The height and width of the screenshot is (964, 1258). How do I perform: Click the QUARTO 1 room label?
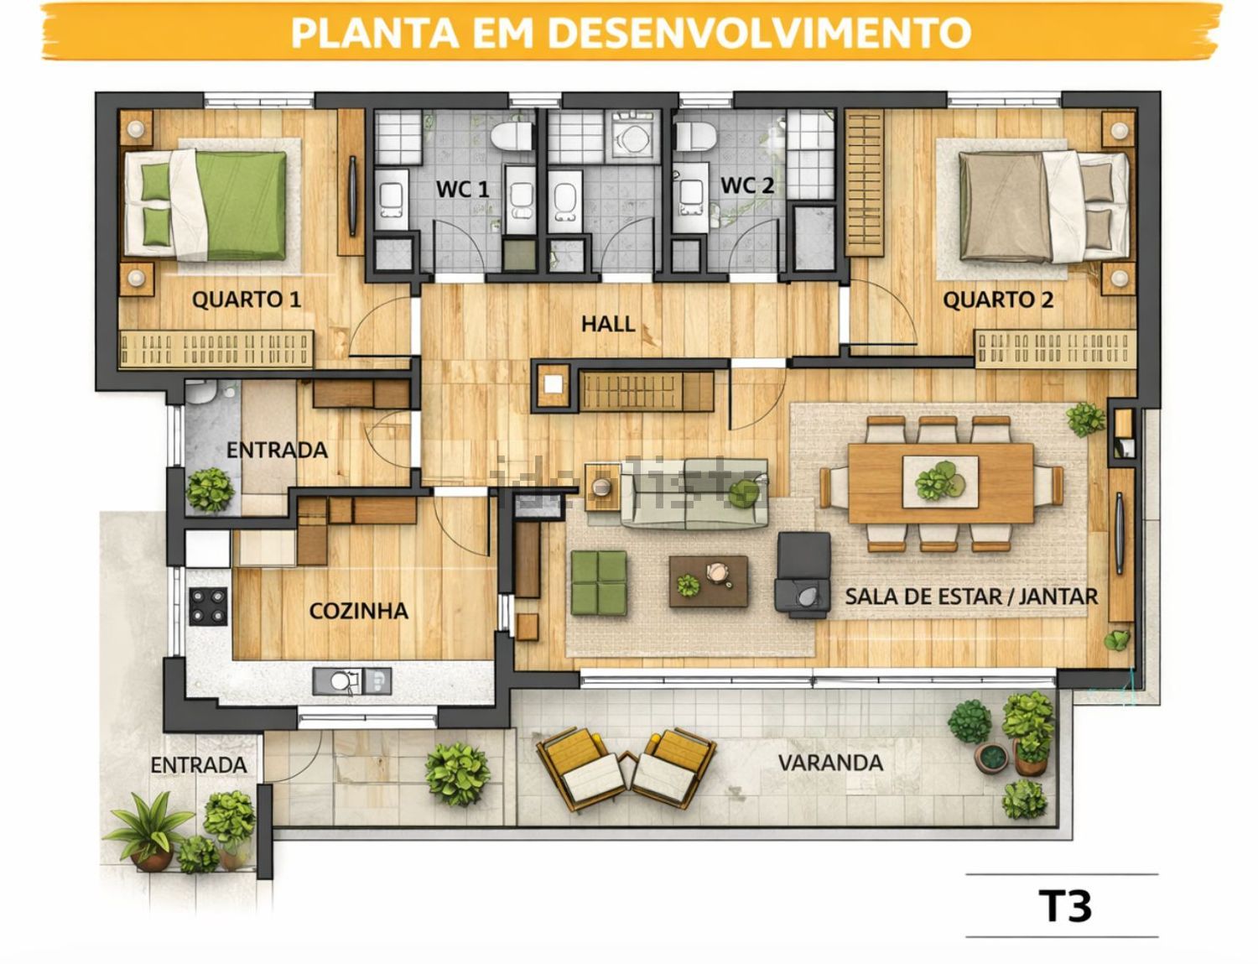point(246,300)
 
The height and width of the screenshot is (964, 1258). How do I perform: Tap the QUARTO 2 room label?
point(997,300)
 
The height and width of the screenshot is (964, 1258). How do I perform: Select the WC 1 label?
point(462,189)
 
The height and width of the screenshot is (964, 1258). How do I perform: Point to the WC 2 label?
point(746,185)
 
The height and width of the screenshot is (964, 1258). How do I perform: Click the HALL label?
point(608,324)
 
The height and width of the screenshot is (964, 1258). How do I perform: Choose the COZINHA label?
point(358,611)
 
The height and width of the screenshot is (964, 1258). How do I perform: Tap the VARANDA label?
point(830,763)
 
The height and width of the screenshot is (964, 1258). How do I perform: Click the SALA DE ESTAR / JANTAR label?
point(971,597)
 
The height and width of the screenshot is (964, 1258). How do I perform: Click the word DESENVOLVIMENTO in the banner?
point(758,33)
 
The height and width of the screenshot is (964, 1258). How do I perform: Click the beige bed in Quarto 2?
point(1043,206)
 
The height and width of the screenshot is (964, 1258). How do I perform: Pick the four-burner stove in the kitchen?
point(208,607)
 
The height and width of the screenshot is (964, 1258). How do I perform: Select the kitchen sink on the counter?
point(351,681)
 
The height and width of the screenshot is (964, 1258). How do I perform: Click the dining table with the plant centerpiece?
point(941,483)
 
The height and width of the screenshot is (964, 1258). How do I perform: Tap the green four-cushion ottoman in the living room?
point(599,582)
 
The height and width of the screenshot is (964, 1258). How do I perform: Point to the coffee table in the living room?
point(708,581)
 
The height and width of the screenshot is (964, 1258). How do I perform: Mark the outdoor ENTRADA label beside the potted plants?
point(199,765)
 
